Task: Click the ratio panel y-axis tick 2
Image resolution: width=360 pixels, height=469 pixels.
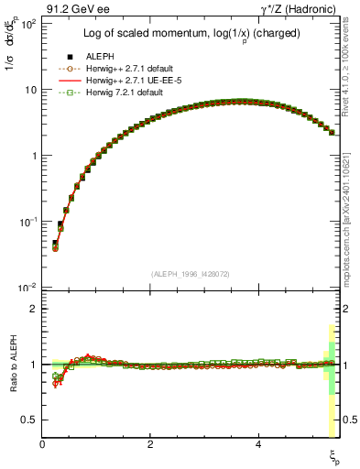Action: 35,309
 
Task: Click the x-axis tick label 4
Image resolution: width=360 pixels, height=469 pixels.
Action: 259,443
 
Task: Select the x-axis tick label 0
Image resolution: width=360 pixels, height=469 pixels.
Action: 42,443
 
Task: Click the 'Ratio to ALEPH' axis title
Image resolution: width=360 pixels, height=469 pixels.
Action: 13,366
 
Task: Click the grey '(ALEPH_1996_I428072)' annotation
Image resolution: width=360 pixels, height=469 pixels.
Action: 191,274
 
